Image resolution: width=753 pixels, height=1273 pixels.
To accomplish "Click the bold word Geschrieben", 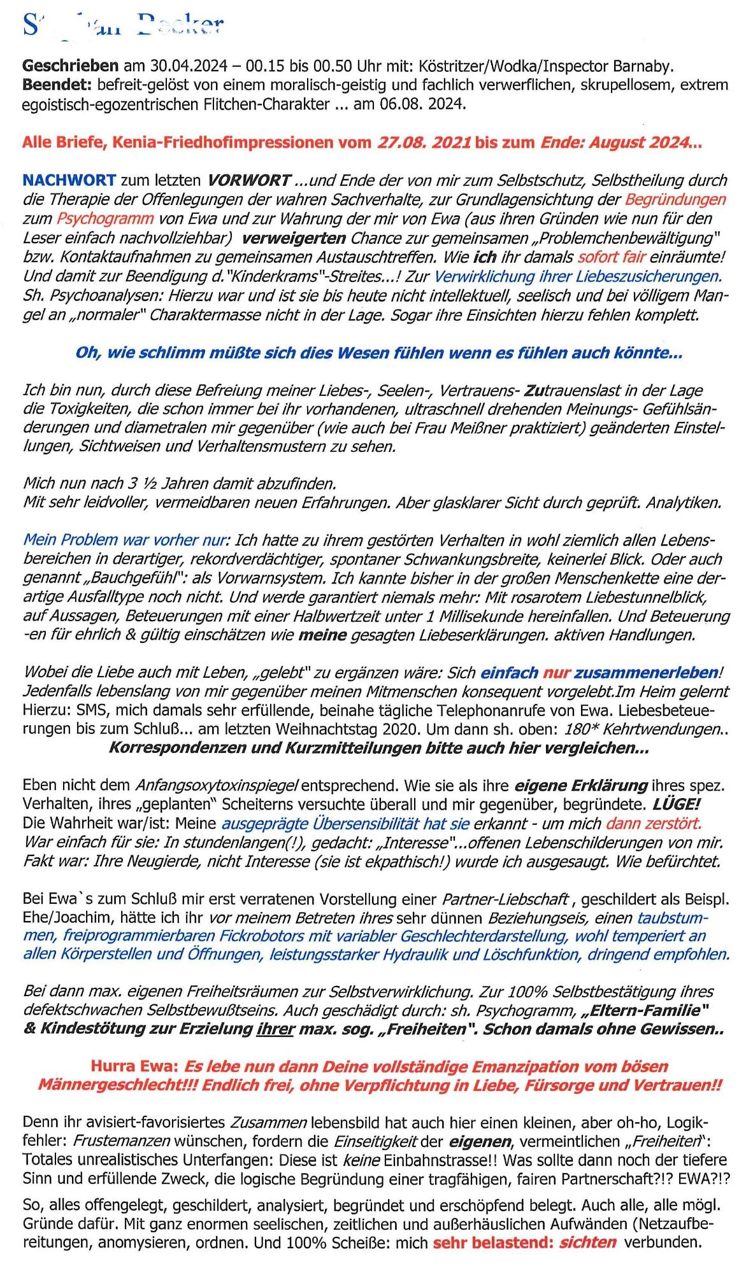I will point(70,66).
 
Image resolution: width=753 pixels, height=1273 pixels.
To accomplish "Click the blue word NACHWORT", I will point(69,181).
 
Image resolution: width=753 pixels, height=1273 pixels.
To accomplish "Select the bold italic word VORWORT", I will point(249,181).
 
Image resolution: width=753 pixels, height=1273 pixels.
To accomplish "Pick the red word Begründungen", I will point(675,200).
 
